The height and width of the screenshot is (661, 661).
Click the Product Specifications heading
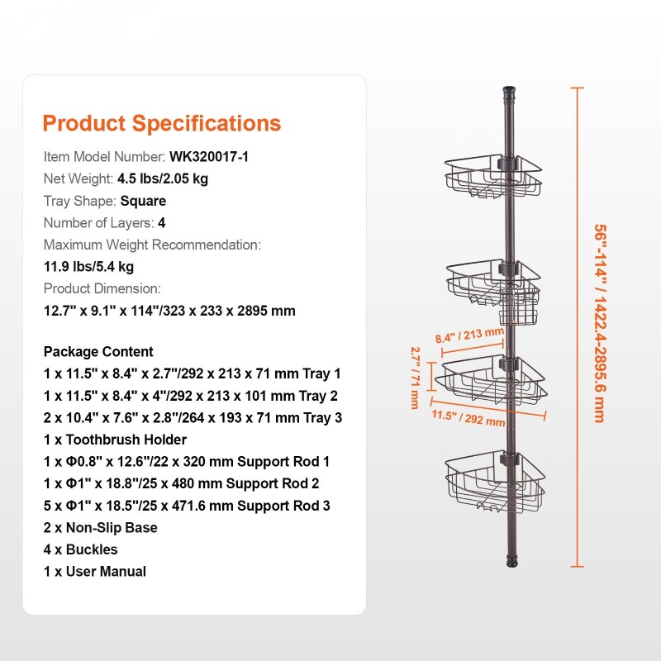(x=161, y=124)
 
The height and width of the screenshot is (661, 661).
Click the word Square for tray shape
(x=143, y=201)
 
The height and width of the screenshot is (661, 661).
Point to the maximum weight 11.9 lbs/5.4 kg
(x=88, y=267)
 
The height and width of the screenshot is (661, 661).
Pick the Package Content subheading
(x=98, y=352)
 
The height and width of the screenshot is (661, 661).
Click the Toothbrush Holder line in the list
(x=115, y=440)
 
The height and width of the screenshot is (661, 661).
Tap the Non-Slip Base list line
(x=100, y=527)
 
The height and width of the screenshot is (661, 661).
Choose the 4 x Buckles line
(x=80, y=549)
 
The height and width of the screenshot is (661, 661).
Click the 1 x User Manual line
(x=94, y=571)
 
